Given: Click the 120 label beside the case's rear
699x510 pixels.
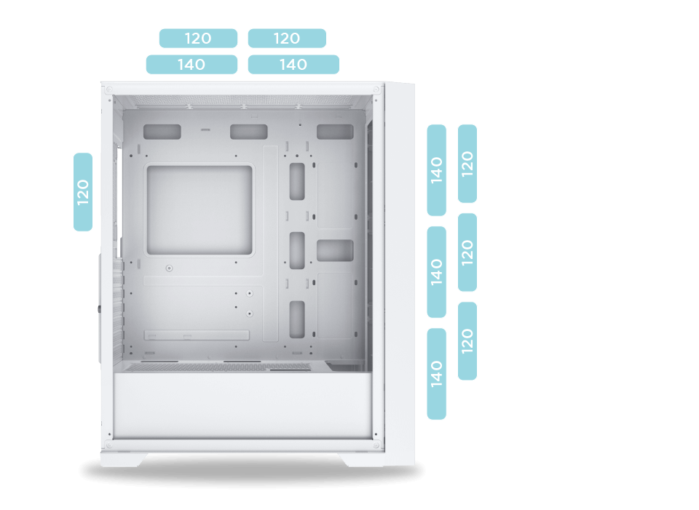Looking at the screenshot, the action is point(83,192).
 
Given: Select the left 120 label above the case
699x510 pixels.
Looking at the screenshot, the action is point(198,39).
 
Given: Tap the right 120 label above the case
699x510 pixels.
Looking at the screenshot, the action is point(287,39).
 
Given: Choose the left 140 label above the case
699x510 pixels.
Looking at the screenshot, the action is point(191,65).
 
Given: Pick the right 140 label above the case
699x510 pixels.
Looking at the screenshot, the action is point(293,65).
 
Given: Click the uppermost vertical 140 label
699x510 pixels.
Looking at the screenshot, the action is point(436,170).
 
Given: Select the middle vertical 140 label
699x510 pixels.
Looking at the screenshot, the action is point(436,272).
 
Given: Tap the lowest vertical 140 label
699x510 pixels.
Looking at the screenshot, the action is point(436,374).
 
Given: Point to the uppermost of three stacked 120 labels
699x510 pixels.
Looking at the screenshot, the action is point(467,164).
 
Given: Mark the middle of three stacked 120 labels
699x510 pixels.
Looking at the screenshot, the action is point(467,252).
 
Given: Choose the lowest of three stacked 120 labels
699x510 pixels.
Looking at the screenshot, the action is point(467,341).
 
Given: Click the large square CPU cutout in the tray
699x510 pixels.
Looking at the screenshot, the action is point(200,210).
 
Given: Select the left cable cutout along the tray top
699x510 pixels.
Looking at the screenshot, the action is point(162,132).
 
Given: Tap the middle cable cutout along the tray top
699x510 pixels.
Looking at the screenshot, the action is point(249,132).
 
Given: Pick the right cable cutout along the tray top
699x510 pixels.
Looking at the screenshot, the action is point(335,132).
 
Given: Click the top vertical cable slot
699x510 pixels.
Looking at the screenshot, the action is point(297,181).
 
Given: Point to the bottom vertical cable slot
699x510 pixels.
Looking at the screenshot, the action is point(297,319).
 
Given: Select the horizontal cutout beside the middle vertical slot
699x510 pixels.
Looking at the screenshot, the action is point(335,251).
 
